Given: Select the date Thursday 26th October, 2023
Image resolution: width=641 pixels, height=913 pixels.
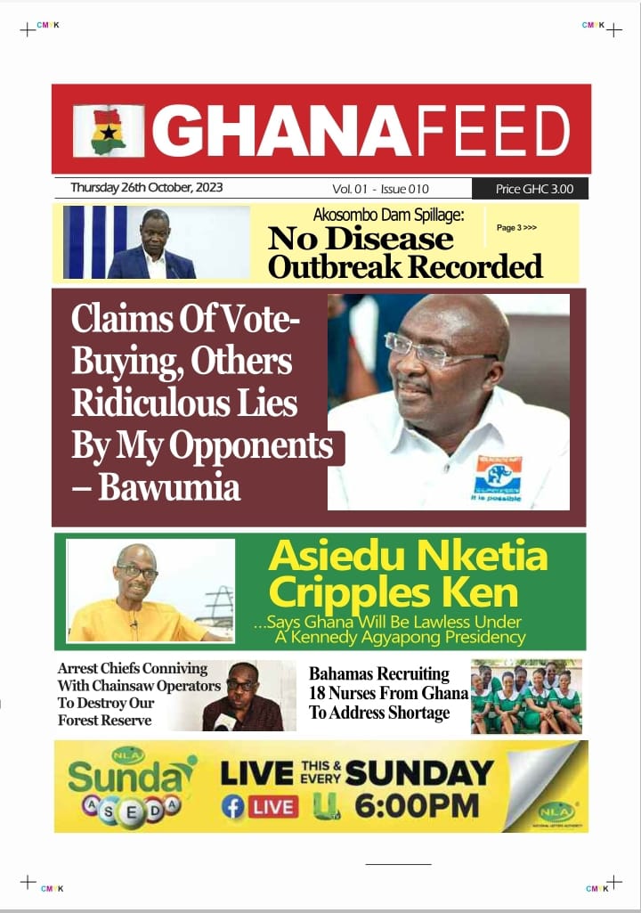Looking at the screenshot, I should (146, 188).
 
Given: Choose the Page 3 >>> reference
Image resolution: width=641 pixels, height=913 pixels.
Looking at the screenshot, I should (516, 228).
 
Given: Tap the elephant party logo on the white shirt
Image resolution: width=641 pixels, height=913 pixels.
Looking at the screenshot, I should (499, 477).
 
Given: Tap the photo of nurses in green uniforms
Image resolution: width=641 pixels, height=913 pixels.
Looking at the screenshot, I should (526, 697).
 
